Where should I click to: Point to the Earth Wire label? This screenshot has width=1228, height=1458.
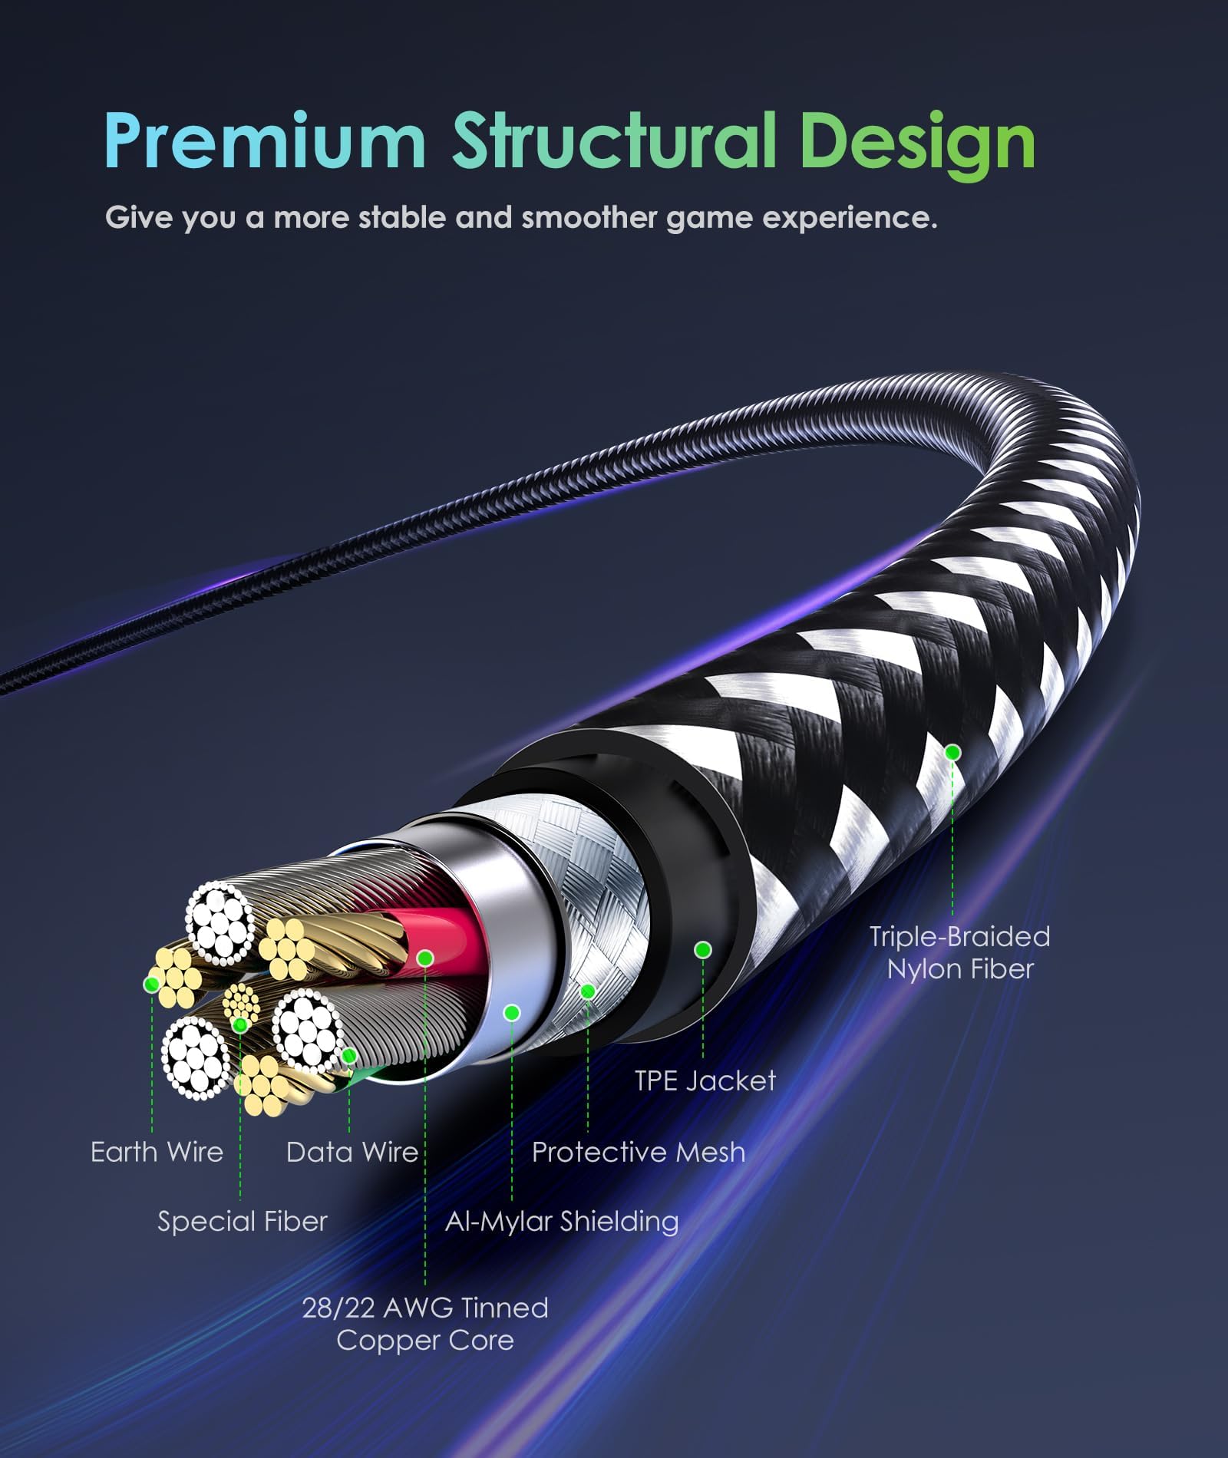157,1152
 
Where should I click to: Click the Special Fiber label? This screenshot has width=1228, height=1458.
243,1221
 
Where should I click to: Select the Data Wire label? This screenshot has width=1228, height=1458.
352,1152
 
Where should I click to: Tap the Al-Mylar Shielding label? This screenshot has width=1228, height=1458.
562,1221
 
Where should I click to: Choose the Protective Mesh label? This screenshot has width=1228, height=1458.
639,1152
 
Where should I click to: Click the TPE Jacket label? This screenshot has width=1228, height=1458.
705,1080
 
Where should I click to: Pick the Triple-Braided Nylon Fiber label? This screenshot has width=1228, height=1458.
959,952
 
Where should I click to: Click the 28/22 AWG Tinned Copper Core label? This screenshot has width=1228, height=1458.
425,1324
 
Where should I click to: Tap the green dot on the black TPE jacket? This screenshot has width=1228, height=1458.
702,950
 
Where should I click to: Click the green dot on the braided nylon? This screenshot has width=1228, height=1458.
953,753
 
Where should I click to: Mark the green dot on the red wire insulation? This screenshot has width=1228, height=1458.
426,958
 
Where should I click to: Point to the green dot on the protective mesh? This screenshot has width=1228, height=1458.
588,991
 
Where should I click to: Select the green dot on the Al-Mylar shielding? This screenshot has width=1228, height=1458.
512,1013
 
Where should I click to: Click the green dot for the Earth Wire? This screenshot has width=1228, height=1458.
152,983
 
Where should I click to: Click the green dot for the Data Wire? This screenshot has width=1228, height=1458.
349,1057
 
